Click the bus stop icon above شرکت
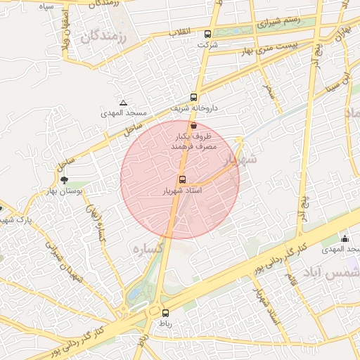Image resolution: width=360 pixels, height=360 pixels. coord(207,34)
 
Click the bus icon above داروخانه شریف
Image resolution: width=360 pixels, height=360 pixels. coord(193,98)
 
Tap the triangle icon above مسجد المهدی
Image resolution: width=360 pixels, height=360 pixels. coord(124,102)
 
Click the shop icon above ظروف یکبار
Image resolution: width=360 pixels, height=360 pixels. coord(193,125)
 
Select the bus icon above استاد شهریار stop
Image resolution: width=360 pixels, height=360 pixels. coord(182,179)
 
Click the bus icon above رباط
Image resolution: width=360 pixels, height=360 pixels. coord(166,313)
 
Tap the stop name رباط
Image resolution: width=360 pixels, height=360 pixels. coord(165,324)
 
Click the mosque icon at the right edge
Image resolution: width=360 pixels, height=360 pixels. coord(345,239)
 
